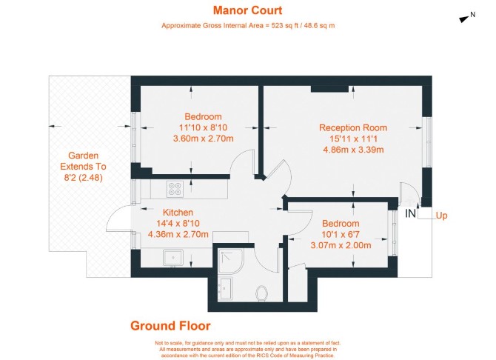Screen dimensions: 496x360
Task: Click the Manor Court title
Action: click(x=248, y=10)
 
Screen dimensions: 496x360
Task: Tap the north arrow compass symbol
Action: click(x=463, y=19)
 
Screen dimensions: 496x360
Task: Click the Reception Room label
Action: click(x=353, y=127)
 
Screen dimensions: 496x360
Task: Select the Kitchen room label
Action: click(x=178, y=212)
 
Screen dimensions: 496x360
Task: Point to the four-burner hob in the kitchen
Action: click(x=175, y=189)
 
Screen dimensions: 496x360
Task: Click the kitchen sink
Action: click(x=173, y=257)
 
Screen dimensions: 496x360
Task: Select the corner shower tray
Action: click(x=231, y=261)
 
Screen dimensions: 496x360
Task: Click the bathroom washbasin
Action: click(x=226, y=290)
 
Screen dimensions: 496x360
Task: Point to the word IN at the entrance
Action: click(x=410, y=214)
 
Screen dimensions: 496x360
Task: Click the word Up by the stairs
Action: click(x=442, y=216)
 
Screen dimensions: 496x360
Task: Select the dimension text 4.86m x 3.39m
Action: click(x=353, y=150)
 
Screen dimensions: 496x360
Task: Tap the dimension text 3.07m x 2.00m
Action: click(x=341, y=245)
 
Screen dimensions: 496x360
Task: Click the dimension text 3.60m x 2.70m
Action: click(x=203, y=139)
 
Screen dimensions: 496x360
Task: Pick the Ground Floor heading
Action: click(x=170, y=326)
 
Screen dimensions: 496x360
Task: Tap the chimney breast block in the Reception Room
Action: click(x=329, y=89)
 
